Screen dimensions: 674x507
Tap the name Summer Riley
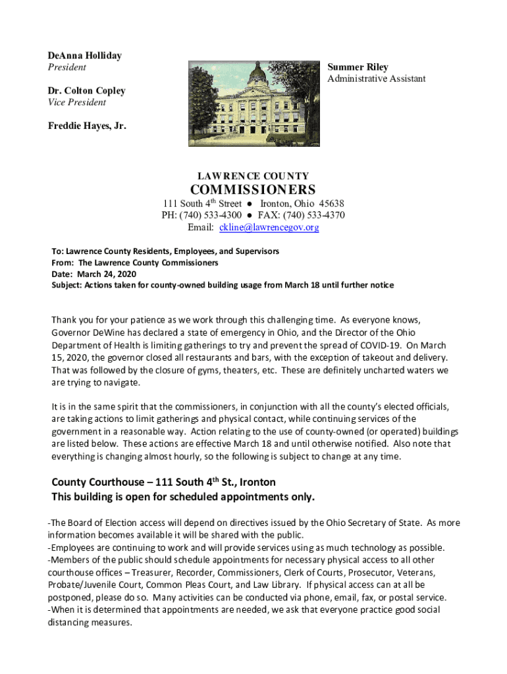click(x=358, y=67)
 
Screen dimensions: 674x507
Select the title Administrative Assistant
click(x=376, y=79)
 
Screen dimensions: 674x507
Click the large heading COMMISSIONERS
click(x=253, y=190)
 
